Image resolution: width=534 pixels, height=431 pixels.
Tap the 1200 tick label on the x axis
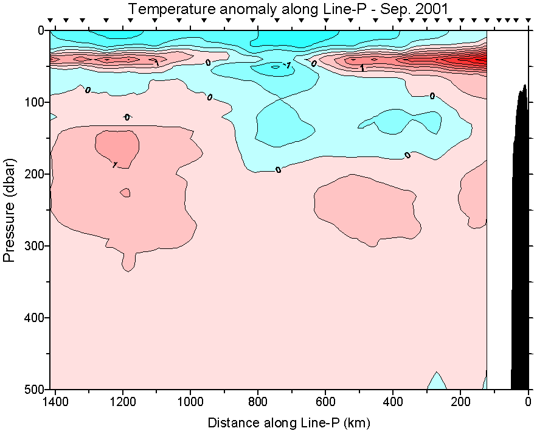123,402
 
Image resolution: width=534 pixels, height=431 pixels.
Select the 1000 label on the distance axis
191,402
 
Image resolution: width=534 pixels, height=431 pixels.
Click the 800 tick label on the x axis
258,402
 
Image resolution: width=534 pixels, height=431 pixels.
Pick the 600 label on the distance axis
326,402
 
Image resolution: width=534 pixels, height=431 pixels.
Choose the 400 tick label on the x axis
394,402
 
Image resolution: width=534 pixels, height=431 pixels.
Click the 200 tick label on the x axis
461,402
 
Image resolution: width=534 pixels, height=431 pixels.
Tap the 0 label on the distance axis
529,402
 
